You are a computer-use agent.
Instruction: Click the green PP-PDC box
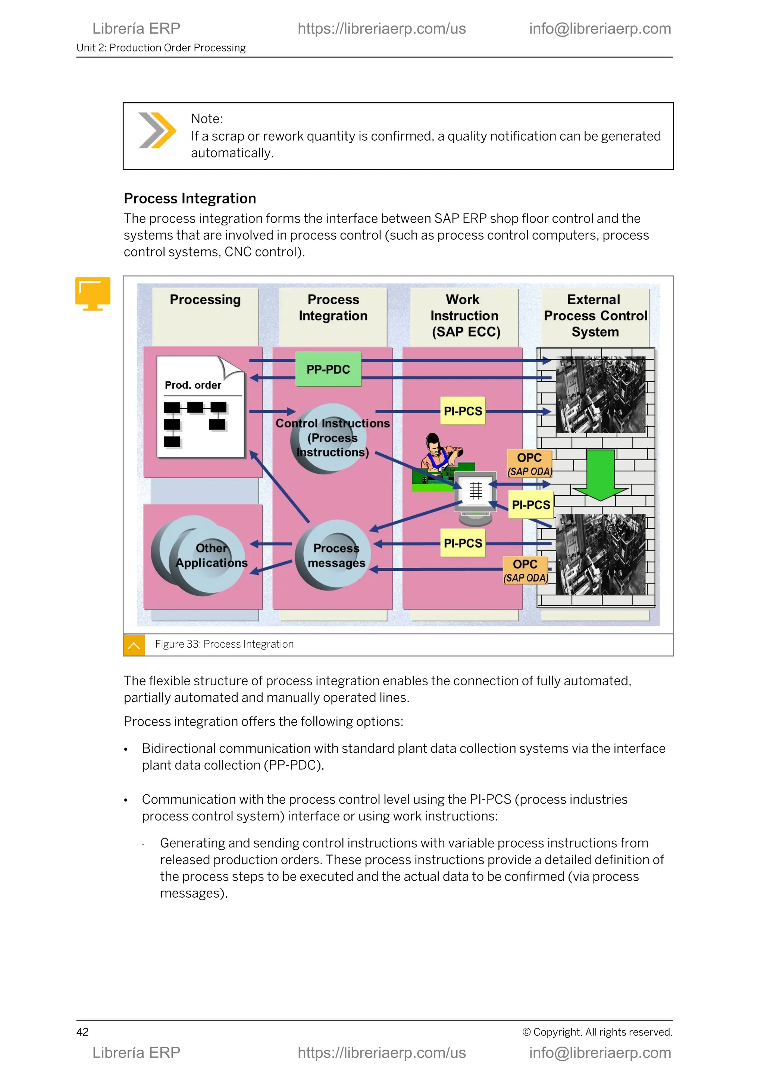point(328,369)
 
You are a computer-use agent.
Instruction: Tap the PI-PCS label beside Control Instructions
point(463,411)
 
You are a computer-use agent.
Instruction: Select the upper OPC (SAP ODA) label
point(529,464)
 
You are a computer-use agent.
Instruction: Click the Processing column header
point(205,300)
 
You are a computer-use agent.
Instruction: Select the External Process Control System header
point(595,315)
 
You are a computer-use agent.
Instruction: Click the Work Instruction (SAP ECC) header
point(465,315)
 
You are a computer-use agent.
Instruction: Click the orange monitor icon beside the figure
point(93,293)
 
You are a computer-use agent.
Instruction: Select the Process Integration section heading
point(190,199)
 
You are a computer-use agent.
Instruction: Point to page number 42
point(82,1032)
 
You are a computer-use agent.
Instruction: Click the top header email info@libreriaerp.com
point(600,29)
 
